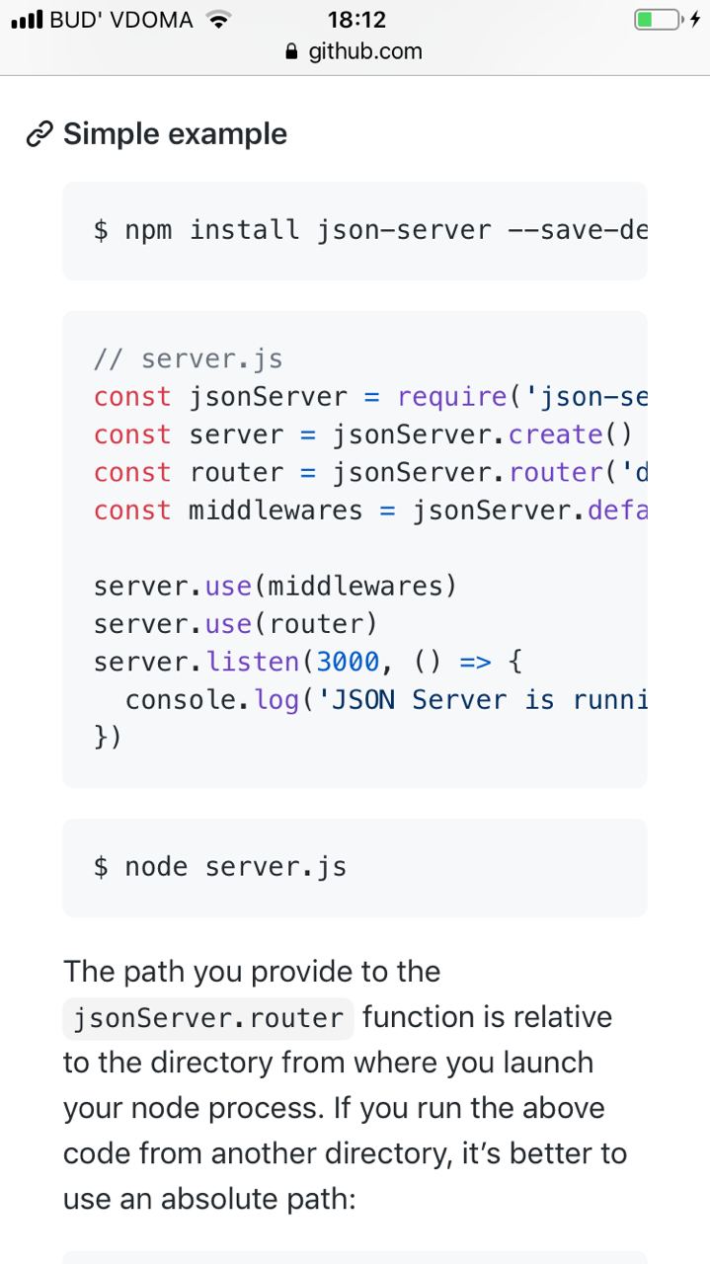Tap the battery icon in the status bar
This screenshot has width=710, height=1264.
click(658, 19)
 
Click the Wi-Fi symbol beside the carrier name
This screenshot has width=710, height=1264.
click(218, 19)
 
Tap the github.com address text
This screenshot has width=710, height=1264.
click(365, 51)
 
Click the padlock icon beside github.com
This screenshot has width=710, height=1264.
click(290, 51)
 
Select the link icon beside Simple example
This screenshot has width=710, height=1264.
click(39, 134)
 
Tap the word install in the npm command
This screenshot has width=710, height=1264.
click(244, 230)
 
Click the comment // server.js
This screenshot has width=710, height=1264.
click(189, 359)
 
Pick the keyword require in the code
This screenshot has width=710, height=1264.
click(453, 397)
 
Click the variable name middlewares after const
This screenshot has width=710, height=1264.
click(276, 511)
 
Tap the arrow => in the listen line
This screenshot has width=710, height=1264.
click(476, 662)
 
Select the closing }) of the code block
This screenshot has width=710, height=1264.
click(108, 738)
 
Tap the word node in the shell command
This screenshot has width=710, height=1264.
click(156, 867)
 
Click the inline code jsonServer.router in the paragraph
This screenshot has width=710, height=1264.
click(207, 1018)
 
